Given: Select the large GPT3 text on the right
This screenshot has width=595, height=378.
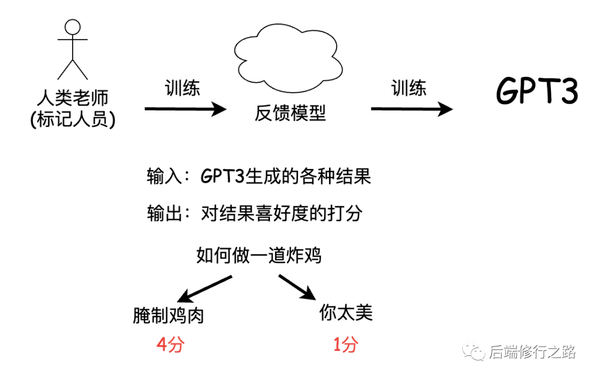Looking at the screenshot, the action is click(537, 90).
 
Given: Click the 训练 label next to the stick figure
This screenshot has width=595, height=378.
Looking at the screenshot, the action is click(182, 88).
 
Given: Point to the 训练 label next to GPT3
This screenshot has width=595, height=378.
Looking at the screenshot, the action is click(409, 88).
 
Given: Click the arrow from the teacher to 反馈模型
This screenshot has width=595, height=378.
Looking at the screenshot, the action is click(186, 109).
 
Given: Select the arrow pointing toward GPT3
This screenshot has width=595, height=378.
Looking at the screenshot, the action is click(412, 109).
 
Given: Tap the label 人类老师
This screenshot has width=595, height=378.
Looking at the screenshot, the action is click(73, 98).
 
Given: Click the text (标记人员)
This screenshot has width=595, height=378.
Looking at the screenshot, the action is click(73, 119).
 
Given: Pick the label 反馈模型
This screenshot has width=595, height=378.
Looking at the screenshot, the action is click(290, 113).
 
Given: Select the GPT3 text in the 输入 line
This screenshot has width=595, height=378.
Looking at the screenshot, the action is click(223, 176).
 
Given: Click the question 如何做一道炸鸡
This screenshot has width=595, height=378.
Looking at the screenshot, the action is click(259, 255).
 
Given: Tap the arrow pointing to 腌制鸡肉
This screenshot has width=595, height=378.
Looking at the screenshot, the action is click(204, 289).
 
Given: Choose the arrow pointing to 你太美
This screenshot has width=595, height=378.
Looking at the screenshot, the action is click(297, 288).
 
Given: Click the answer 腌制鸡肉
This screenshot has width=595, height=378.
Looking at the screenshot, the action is click(169, 316).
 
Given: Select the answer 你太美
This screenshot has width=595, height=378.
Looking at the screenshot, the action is click(346, 313).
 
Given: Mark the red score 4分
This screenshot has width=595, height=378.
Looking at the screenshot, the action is click(170, 345).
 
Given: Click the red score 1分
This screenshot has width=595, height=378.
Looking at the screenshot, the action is click(345, 345).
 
